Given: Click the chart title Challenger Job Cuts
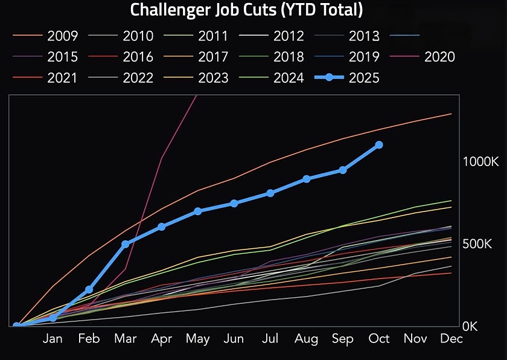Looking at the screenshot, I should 247,10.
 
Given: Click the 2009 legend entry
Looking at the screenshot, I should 62,36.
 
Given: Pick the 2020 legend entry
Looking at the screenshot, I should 439,57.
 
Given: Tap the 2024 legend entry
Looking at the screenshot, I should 289,78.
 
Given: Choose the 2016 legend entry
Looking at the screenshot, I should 138,57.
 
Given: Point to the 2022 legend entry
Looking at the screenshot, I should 138,78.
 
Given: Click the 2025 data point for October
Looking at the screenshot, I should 379,145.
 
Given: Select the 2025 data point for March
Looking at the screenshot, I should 125,244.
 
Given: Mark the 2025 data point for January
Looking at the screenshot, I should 53,318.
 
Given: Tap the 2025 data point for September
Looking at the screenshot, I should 343,170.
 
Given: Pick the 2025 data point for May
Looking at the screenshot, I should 198,211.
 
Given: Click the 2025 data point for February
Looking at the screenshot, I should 89,290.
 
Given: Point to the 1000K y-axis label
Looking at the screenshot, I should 480,162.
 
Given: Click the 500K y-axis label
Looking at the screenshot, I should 477,244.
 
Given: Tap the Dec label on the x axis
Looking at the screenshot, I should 451,339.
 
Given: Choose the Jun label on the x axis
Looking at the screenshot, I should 234,339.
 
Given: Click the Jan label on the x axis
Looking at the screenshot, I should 53,339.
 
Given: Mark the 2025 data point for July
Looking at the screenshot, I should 270,193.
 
